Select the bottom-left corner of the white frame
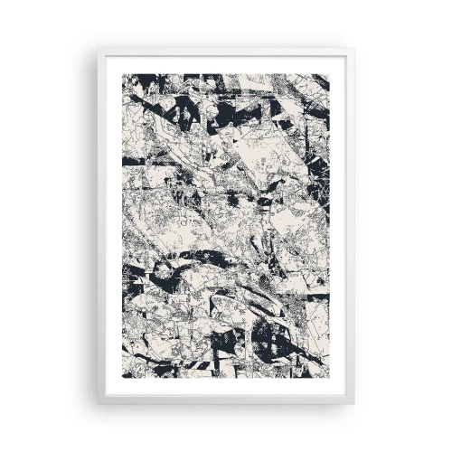pyautogui.click(x=97, y=403)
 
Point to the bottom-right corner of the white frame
pyautogui.click(x=355, y=403)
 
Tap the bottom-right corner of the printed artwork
pyautogui.click(x=328, y=375)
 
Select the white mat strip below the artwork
pyautogui.click(x=226, y=386)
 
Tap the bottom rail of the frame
pyautogui.click(x=226, y=400)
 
